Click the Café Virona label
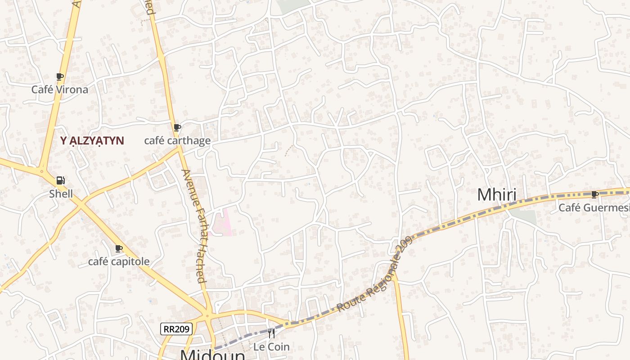59,90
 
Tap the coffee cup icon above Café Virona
59,77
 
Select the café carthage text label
177,141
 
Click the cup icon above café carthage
177,128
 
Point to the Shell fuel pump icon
60,181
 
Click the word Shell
61,194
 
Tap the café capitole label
119,261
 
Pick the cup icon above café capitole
119,248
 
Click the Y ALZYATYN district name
92,141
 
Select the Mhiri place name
496,195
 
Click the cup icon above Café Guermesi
594,194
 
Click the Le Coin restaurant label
271,347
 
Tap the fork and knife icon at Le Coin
271,333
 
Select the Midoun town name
213,355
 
